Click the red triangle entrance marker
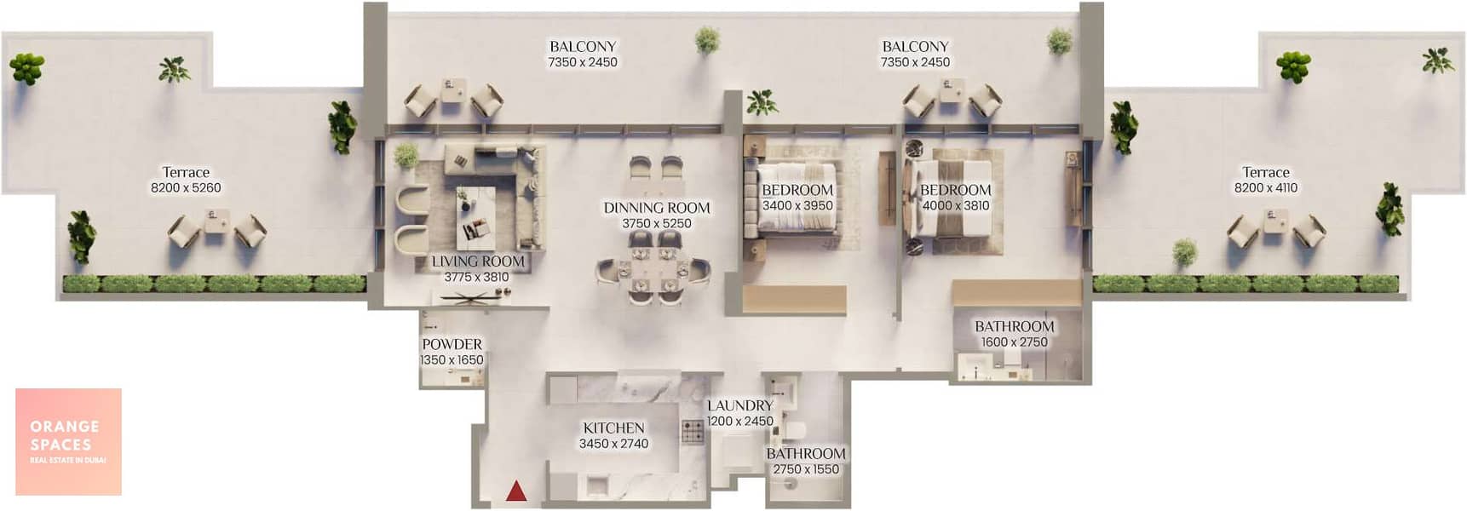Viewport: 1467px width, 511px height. tap(516, 491)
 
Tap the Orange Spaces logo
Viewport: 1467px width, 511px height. tap(68, 441)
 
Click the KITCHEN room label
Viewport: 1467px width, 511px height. tap(613, 428)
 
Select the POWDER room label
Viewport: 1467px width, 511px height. tap(452, 344)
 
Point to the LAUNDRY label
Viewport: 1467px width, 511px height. tap(739, 405)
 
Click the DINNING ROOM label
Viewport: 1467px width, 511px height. tap(657, 208)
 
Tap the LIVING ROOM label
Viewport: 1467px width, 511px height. tap(478, 261)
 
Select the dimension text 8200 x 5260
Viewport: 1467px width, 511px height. tap(186, 188)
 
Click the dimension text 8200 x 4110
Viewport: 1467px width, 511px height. tap(1266, 188)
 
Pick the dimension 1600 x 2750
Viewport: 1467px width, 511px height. tap(1014, 342)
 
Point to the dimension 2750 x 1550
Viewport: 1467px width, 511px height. tap(806, 469)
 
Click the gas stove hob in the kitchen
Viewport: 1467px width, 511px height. tap(693, 432)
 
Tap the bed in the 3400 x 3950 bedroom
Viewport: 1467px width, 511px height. tap(791, 199)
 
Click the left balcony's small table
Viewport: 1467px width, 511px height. tap(453, 90)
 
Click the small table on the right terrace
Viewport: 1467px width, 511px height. tap(1275, 221)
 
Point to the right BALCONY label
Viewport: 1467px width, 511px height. tap(915, 47)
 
